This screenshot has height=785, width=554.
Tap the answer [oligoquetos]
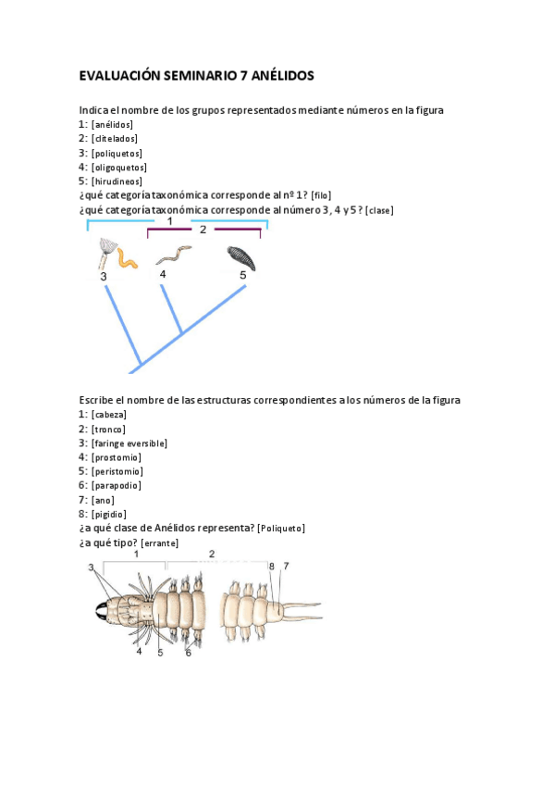119,168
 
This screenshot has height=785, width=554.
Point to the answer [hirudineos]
117,181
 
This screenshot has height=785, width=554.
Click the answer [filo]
321,195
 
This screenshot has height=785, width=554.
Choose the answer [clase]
379,210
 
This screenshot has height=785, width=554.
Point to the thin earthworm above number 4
172,254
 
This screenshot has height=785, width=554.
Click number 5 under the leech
243,275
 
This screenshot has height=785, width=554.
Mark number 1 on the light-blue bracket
170,221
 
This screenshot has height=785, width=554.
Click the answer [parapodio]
117,485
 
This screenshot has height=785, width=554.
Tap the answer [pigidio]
110,514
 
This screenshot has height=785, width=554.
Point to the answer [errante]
160,542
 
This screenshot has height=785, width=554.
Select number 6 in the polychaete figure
188,653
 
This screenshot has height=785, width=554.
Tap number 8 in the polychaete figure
271,566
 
